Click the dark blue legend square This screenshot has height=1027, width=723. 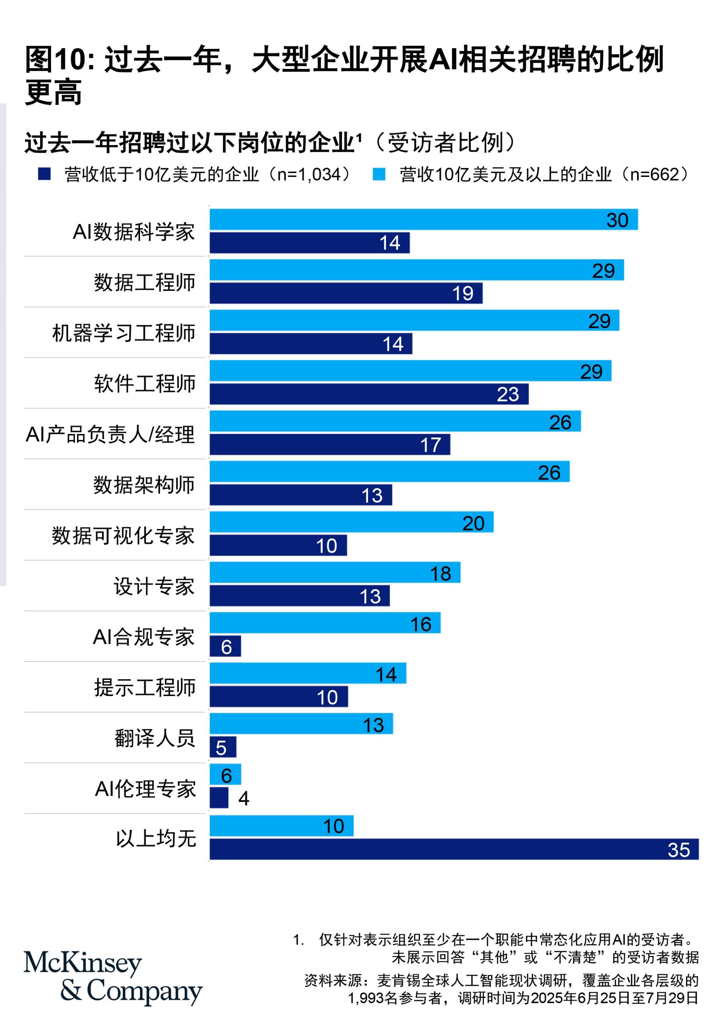44,174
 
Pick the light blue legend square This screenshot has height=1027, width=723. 378,174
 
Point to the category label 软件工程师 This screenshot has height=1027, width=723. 144,384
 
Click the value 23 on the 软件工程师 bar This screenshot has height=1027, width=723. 508,394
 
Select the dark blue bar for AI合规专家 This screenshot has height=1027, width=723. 225,646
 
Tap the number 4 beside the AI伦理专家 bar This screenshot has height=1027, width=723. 244,798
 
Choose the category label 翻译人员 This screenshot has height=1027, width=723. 154,738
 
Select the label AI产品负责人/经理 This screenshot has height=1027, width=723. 110,434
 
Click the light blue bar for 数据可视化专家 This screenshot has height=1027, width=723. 351,522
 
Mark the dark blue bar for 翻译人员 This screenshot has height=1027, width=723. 222,747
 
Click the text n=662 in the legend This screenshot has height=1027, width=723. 654,175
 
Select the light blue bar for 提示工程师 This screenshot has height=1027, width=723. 307,674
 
